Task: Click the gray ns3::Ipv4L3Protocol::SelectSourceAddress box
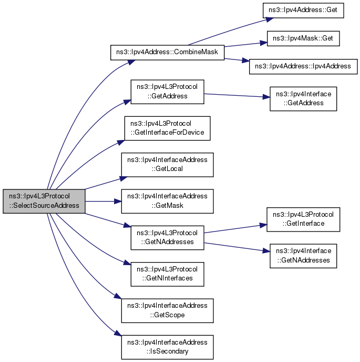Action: [x=44, y=201]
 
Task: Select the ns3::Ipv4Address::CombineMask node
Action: [x=167, y=53]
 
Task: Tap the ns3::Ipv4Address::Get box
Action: [x=303, y=11]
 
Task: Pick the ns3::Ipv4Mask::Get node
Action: [x=303, y=38]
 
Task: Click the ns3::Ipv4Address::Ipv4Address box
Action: [x=303, y=66]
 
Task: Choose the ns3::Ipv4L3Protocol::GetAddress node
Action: [x=167, y=92]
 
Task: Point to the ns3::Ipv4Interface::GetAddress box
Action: [x=303, y=99]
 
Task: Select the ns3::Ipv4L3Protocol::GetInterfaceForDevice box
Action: [x=167, y=128]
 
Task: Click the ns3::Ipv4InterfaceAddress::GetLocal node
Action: [x=167, y=165]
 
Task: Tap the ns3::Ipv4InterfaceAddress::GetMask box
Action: [x=167, y=201]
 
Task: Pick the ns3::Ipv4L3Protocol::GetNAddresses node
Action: [x=167, y=238]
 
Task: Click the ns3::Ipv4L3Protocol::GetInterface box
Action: [x=303, y=219]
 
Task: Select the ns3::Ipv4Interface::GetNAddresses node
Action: [x=303, y=256]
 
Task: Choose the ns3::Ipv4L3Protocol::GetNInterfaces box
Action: [x=167, y=274]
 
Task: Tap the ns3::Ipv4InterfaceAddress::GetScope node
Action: [x=167, y=310]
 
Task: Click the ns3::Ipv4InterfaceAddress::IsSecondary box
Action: [x=167, y=347]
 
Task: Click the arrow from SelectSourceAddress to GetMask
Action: [x=104, y=202]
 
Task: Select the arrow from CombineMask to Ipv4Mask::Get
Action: [x=245, y=45]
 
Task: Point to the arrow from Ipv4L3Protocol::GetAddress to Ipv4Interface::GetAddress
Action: [x=237, y=95]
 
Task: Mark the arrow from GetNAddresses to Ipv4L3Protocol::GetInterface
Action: [x=235, y=228]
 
